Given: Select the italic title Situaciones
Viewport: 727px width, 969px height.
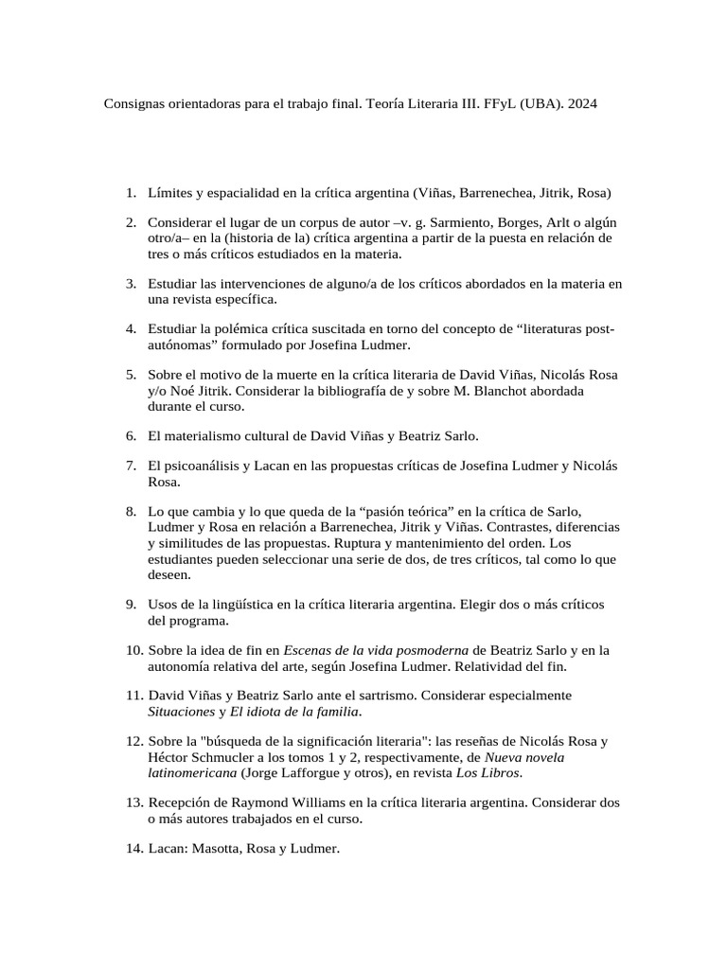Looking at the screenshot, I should click(x=181, y=711).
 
